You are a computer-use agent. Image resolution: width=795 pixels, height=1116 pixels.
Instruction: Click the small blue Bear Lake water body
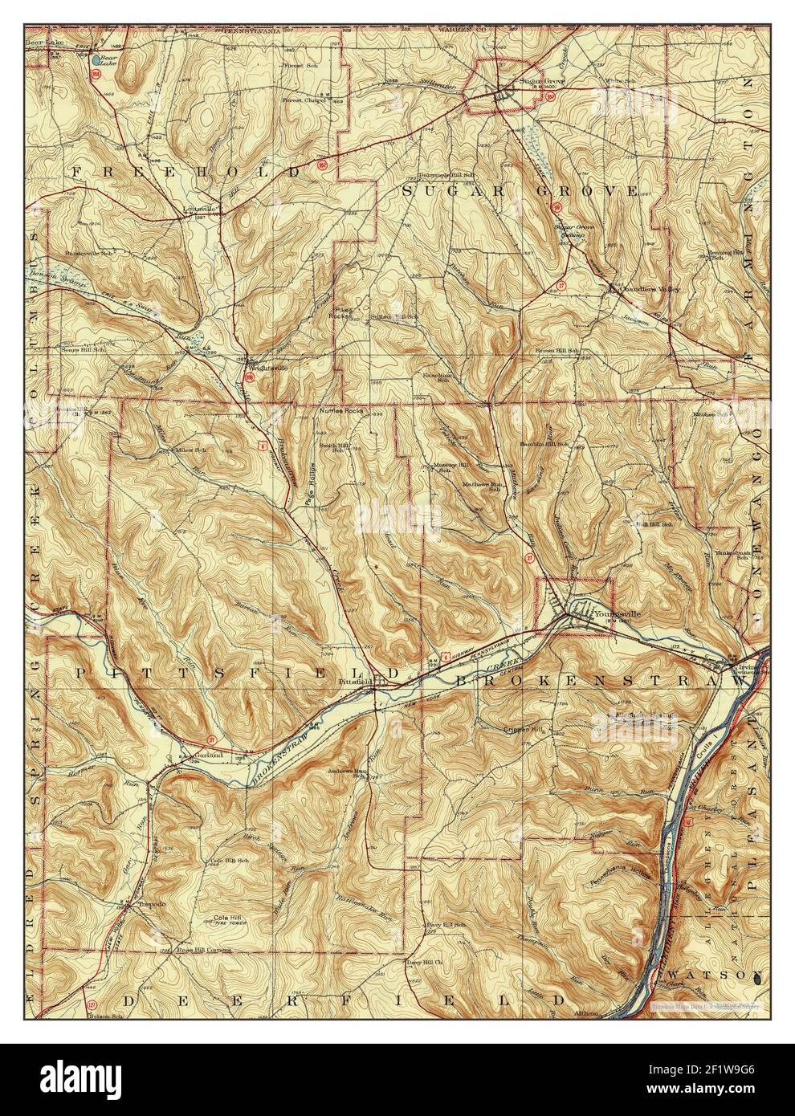96,59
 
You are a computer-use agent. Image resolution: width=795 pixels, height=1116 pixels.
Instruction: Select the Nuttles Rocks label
341,411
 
